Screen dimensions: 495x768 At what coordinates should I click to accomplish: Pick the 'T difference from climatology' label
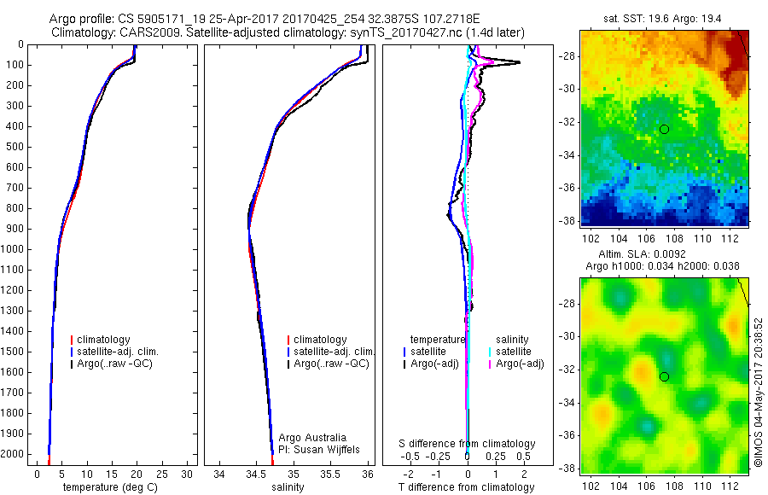[467, 487]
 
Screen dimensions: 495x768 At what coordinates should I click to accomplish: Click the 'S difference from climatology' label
[467, 444]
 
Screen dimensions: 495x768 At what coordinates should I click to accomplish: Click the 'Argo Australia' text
[311, 438]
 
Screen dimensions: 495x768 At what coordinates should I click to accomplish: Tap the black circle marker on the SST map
[664, 129]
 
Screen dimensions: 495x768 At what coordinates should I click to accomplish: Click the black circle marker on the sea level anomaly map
[664, 376]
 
